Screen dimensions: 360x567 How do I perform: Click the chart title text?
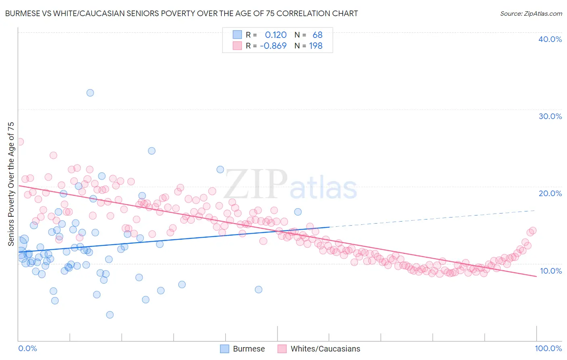pyautogui.click(x=181, y=14)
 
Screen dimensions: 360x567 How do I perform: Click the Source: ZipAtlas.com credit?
pyautogui.click(x=531, y=14)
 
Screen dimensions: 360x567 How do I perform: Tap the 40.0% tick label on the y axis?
pyautogui.click(x=550, y=39)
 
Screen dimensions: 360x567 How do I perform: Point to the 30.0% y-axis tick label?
pyautogui.click(x=550, y=116)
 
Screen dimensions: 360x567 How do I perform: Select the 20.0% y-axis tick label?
pyautogui.click(x=550, y=193)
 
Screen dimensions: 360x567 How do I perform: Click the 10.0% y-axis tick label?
pyautogui.click(x=550, y=271)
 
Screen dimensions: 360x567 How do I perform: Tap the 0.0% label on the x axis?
pyautogui.click(x=27, y=348)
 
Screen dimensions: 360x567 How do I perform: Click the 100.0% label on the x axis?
pyautogui.click(x=548, y=348)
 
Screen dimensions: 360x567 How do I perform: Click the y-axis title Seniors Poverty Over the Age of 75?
pyautogui.click(x=11, y=184)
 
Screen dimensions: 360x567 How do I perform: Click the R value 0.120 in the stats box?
pyautogui.click(x=275, y=35)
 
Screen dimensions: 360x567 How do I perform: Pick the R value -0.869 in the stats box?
pyautogui.click(x=273, y=46)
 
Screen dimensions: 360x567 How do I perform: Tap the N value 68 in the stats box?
pyautogui.click(x=317, y=35)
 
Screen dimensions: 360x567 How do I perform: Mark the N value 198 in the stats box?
pyautogui.click(x=316, y=46)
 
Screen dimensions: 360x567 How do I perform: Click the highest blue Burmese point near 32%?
pyautogui.click(x=90, y=93)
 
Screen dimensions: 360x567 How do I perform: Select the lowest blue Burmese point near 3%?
pyautogui.click(x=110, y=315)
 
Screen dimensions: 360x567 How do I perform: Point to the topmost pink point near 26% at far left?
pyautogui.click(x=20, y=142)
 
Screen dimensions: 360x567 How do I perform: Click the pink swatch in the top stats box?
pyautogui.click(x=237, y=46)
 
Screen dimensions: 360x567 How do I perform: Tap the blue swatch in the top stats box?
pyautogui.click(x=237, y=35)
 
